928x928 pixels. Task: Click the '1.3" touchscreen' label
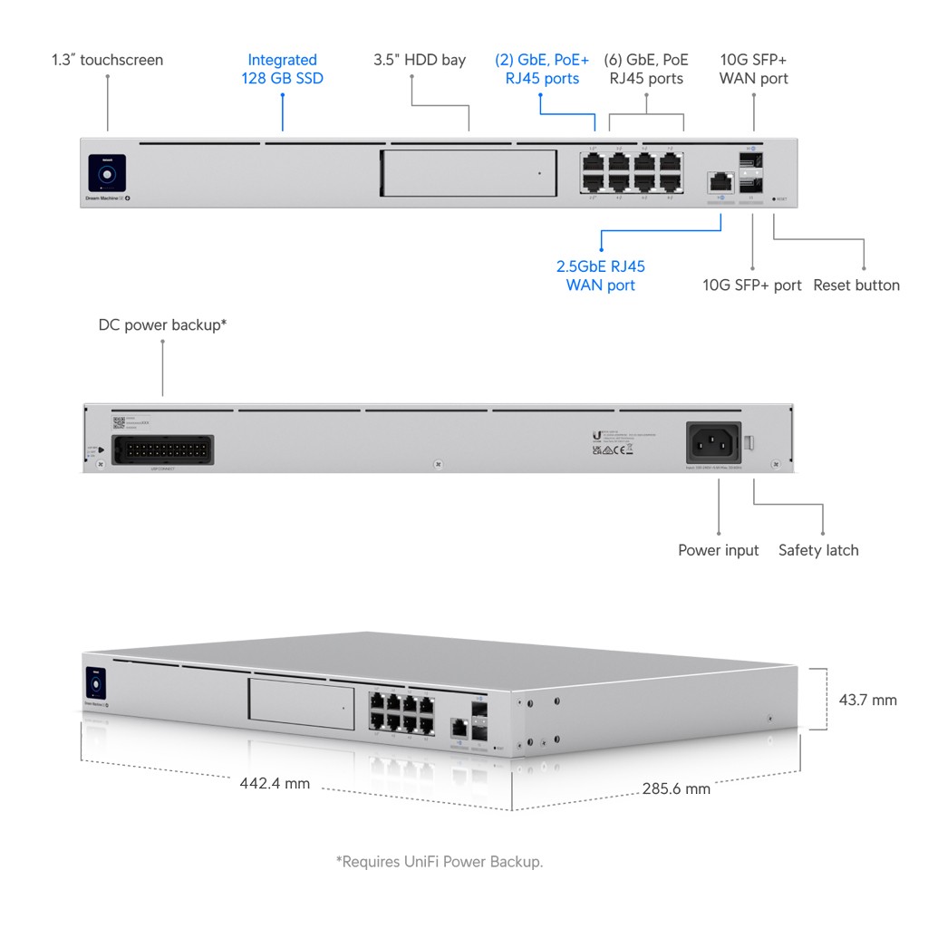[x=107, y=60]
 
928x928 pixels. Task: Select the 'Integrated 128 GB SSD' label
[x=282, y=69]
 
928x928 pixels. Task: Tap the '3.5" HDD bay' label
[x=420, y=60]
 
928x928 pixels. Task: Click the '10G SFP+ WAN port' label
[x=753, y=69]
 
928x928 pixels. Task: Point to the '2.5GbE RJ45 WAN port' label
[x=600, y=275]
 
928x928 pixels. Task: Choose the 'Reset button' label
[x=856, y=285]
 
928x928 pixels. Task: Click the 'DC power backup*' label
[x=162, y=324]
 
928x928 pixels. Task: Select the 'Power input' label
[x=718, y=550]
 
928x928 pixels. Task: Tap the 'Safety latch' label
[x=817, y=550]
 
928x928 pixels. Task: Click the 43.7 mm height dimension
[x=867, y=700]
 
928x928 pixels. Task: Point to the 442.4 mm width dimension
[x=275, y=783]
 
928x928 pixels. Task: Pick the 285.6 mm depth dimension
[x=675, y=788]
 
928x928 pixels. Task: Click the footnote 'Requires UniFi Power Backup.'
[x=440, y=861]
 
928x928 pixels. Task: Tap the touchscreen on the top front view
[x=107, y=172]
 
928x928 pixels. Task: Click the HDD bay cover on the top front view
[x=469, y=172]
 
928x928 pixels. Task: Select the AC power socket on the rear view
[x=713, y=443]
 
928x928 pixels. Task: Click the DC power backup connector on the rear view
[x=160, y=449]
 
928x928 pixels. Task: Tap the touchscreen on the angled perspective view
[x=95, y=683]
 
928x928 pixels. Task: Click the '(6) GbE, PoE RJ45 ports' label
[x=646, y=69]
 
